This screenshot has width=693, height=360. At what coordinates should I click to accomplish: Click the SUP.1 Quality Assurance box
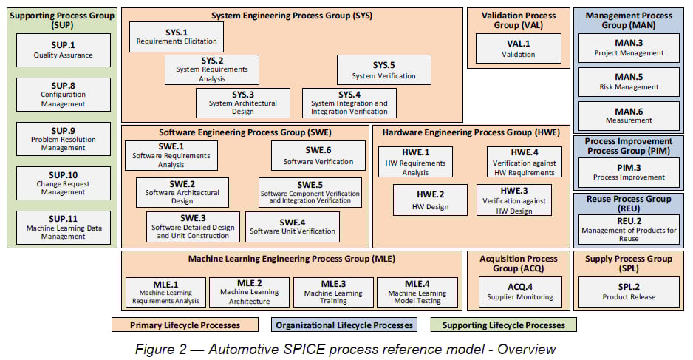pos(63,50)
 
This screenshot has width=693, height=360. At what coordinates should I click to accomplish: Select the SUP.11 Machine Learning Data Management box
pos(63,228)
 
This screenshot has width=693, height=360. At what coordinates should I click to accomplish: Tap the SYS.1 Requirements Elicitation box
pos(176,37)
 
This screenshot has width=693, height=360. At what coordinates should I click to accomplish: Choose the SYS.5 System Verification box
pos(383,70)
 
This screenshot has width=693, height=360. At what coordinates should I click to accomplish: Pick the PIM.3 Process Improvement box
pos(628,172)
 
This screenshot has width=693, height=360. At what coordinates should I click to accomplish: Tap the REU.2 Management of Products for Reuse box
pos(628,230)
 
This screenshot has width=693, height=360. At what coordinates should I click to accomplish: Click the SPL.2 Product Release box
pos(628,291)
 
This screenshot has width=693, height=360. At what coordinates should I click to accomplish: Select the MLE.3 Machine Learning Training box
pos(333,292)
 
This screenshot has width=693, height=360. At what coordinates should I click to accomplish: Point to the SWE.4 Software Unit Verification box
pos(293,227)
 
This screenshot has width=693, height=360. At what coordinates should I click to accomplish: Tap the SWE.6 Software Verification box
pos(318,155)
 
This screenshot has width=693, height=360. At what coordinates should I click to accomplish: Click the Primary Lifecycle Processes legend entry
pos(185,325)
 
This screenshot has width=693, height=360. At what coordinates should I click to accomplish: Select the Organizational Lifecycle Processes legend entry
pos(344,325)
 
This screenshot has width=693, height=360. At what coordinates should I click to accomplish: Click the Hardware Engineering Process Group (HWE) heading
pos(471,133)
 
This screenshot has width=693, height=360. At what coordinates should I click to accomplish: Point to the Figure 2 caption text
pos(346,348)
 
